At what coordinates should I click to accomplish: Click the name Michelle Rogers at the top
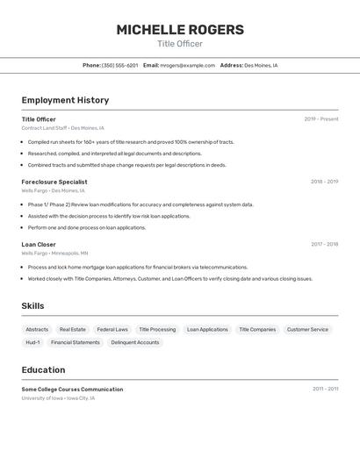(180, 30)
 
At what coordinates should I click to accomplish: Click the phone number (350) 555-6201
(119, 65)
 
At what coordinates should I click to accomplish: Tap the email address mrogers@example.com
(187, 65)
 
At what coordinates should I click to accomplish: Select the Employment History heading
(65, 100)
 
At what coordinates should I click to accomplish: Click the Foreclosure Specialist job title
(54, 182)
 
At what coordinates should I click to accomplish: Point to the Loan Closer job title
(39, 244)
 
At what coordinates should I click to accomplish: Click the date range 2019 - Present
(321, 119)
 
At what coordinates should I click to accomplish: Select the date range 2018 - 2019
(324, 182)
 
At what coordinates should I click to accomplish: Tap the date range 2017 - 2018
(324, 244)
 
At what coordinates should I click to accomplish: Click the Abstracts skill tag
(37, 329)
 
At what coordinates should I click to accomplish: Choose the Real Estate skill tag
(72, 329)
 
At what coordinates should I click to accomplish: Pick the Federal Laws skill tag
(112, 329)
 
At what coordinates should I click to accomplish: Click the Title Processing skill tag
(157, 329)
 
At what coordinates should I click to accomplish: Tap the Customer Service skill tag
(307, 329)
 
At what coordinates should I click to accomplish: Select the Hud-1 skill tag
(32, 342)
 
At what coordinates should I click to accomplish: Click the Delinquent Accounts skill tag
(135, 342)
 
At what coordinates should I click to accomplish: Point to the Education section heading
(43, 369)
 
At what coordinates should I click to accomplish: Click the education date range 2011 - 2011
(325, 389)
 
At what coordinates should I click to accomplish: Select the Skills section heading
(32, 305)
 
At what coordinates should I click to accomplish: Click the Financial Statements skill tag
(75, 342)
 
